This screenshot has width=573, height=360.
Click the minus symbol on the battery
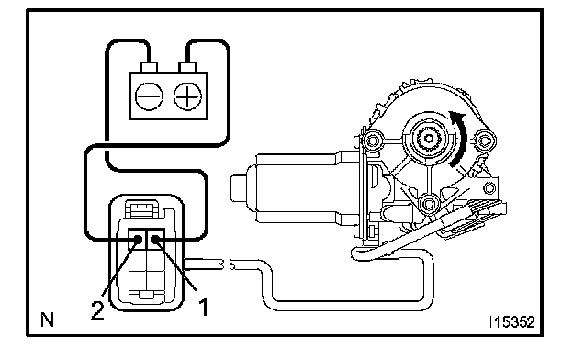pos(149,96)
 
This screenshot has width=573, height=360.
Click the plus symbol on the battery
pos(187,96)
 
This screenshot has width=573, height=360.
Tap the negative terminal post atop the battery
pos(149,67)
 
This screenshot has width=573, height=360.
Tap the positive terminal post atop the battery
pos(187,67)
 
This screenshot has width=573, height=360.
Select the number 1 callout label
pos(203,307)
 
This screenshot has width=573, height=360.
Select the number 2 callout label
pos(97,310)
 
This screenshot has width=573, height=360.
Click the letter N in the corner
pos(48,320)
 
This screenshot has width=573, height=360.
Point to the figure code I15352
pos(512,322)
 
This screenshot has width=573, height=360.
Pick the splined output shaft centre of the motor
pos(428,138)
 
